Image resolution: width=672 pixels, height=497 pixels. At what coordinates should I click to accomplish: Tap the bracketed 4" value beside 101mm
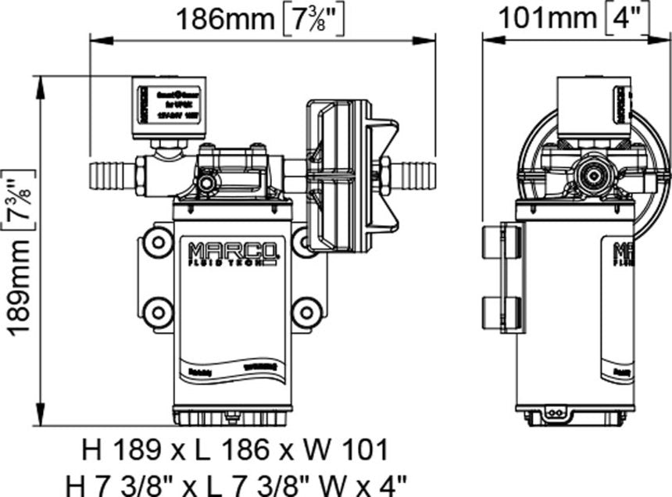(x=627, y=17)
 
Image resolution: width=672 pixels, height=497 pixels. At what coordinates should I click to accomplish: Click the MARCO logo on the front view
(x=232, y=252)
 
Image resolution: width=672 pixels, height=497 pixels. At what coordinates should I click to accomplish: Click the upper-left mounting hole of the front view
(x=158, y=242)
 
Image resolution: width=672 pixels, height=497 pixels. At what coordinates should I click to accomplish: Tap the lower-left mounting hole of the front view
(x=158, y=313)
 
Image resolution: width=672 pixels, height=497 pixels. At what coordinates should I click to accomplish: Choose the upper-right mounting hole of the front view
(x=305, y=242)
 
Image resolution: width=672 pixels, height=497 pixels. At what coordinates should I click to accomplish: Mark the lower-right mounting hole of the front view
(x=305, y=313)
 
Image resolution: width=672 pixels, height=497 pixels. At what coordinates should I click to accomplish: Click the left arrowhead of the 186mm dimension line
(x=95, y=42)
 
